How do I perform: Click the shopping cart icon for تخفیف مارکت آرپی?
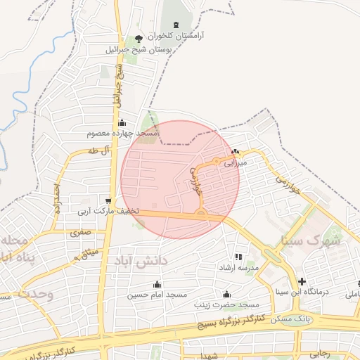(108, 200)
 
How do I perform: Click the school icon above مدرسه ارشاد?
(238, 257)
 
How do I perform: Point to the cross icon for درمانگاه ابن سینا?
(302, 282)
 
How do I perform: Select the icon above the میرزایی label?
(235, 151)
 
